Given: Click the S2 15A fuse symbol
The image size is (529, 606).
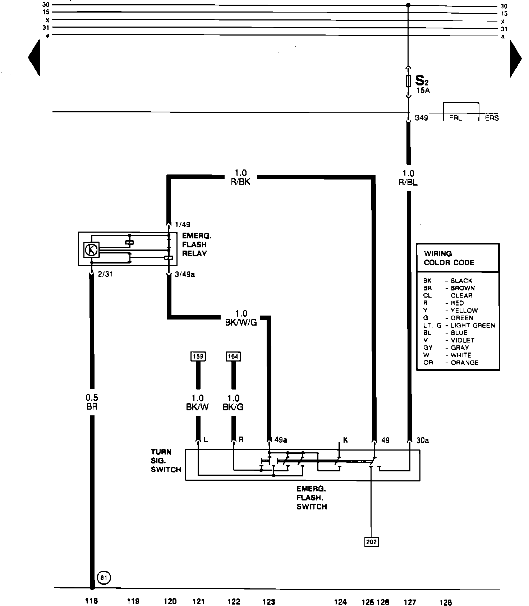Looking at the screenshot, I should (x=408, y=81).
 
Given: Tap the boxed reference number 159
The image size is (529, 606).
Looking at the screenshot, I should (x=198, y=356).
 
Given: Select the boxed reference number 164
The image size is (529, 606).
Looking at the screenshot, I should (x=233, y=356).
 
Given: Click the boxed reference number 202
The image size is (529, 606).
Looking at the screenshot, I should (x=371, y=541).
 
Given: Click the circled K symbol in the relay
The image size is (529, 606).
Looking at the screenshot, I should (x=91, y=250).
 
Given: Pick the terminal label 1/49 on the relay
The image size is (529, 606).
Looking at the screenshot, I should (x=183, y=225).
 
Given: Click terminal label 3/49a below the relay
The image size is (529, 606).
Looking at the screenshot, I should (x=185, y=275).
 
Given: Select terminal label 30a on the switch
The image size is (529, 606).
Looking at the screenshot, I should (x=423, y=440).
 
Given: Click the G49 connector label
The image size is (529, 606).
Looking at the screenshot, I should (x=421, y=117).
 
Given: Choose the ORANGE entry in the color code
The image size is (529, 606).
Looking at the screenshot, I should (x=465, y=363).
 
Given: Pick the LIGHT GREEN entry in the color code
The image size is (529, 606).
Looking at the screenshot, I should (x=473, y=325).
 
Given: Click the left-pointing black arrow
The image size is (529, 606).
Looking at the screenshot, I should (x=34, y=58).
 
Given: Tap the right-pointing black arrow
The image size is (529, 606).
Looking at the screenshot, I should (x=516, y=59).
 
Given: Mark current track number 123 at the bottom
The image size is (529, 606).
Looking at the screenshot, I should (x=269, y=602).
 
